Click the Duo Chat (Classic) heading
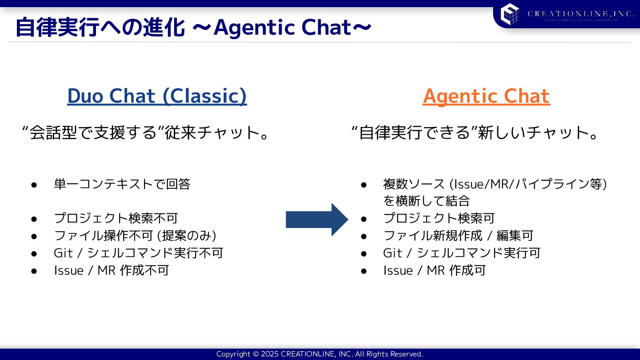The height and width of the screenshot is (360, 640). point(157,96)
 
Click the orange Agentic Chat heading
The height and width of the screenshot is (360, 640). point(486,96)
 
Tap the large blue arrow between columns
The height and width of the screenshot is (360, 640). point(316,219)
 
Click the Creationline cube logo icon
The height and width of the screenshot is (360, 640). point(510,13)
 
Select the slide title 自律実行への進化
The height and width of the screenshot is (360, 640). point(100,28)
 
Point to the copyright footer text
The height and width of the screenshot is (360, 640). point(320,354)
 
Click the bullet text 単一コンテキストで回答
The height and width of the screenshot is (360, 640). point(122,184)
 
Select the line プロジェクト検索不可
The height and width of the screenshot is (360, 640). point(116,218)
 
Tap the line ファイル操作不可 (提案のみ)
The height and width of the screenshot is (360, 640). point(135,236)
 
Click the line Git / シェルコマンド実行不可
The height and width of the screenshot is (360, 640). point(138,253)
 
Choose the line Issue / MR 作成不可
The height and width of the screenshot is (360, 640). point(111,270)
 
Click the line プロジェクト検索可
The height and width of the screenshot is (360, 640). point(439,218)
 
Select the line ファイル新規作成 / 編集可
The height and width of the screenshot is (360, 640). point(458,236)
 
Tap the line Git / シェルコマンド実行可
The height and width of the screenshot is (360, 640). point(461,253)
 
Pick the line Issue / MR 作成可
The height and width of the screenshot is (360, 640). point(434,270)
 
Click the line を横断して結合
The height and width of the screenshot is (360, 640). point(426,201)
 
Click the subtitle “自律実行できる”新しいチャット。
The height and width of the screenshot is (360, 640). point(476,132)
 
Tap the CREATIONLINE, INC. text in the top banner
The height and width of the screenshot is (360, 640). point(580,14)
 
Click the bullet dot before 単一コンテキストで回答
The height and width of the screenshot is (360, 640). point(33,184)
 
